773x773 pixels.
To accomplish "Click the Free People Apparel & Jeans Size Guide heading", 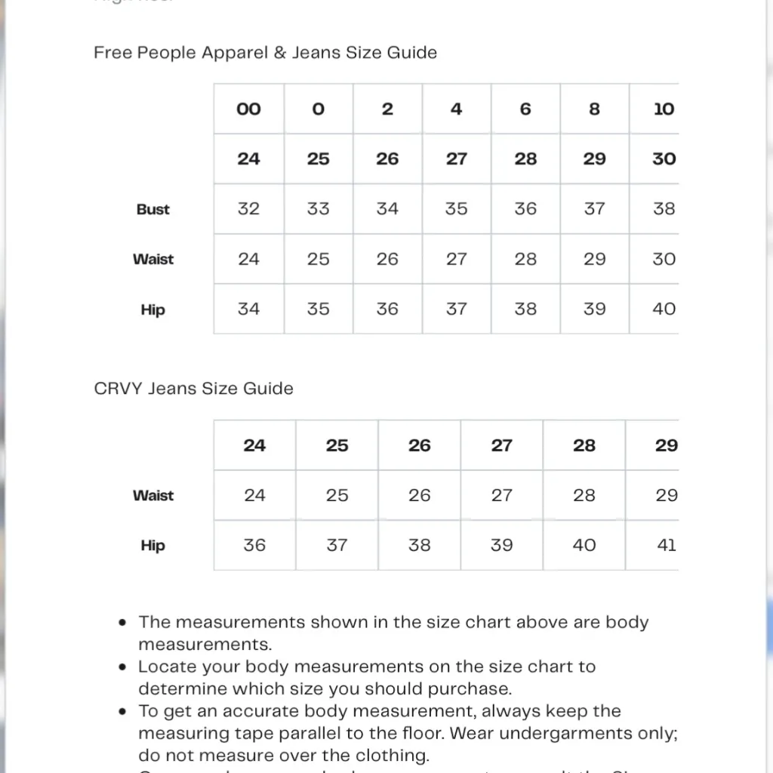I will point(265,53).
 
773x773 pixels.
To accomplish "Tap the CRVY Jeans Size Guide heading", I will point(193,389).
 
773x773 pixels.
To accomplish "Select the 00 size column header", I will point(248,109).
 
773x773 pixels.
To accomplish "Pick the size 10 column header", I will point(664,109).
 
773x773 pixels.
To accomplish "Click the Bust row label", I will point(153,210).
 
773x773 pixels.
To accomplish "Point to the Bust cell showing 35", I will point(456,209).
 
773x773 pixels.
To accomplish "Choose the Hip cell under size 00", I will point(248,309).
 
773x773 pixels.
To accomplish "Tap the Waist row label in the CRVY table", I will point(153,496).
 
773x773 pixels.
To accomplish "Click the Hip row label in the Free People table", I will point(152,310).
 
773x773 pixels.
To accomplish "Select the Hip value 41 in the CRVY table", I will point(666,545).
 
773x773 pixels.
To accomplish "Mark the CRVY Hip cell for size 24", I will point(254,545).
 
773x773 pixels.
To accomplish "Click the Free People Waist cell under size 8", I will point(594,259).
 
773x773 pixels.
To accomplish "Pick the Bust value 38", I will point(664,209).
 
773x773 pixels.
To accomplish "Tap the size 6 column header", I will point(525,109).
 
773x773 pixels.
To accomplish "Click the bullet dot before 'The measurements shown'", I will point(123,624).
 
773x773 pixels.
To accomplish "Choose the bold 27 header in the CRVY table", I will point(501,445).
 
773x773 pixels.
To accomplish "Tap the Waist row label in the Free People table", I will point(153,260).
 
